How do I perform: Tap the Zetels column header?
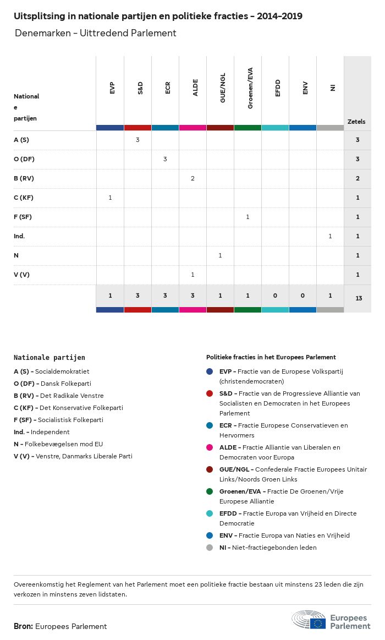pos(356,122)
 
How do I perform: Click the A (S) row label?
pos(21,140)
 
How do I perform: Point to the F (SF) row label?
pos(23,217)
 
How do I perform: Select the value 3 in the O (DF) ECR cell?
pos(165,159)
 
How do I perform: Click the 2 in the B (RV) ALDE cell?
pos(193,178)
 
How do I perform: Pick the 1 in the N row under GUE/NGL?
pos(220,255)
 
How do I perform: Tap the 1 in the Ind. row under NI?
pos(330,236)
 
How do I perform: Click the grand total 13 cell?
pos(359,298)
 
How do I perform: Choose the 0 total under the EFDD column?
pos(275,296)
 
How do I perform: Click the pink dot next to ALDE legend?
pos(210,447)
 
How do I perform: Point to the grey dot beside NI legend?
pos(210,548)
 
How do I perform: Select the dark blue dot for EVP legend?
pos(210,371)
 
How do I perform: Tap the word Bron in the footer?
pos(23,626)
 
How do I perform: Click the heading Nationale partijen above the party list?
pos(50,358)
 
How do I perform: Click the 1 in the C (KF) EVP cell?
pos(110,198)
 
